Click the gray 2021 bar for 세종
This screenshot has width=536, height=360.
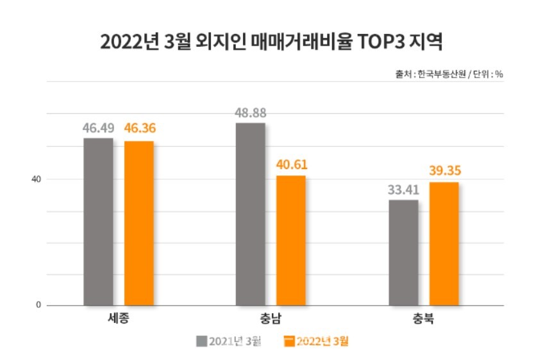click(98, 221)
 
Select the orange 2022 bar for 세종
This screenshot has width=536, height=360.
click(138, 223)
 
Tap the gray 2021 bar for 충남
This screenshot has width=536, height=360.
click(251, 214)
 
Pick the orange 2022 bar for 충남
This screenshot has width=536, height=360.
click(290, 240)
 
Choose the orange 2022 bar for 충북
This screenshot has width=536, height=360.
click(444, 243)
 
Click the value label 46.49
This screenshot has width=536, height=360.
click(98, 128)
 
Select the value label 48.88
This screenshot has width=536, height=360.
click(251, 113)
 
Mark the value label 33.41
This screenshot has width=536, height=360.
click(403, 190)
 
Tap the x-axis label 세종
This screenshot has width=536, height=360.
click(118, 318)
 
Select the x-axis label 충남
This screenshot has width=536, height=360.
click(271, 318)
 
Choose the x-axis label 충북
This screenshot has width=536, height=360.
click(423, 318)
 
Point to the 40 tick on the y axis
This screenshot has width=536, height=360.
click(37, 179)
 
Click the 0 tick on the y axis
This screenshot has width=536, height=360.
click(38, 305)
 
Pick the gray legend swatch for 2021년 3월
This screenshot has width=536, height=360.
click(201, 341)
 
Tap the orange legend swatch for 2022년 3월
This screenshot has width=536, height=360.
click(290, 341)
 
